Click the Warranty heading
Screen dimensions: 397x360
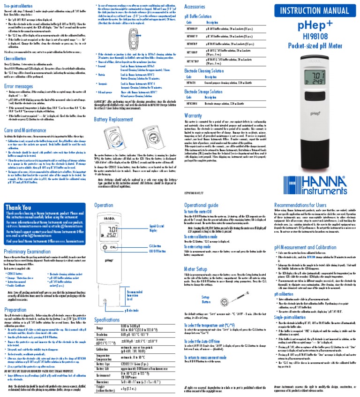(x=193, y=115)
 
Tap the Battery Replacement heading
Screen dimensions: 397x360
(x=114, y=120)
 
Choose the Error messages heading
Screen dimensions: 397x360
(x=19, y=87)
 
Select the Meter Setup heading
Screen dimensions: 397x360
(x=196, y=269)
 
